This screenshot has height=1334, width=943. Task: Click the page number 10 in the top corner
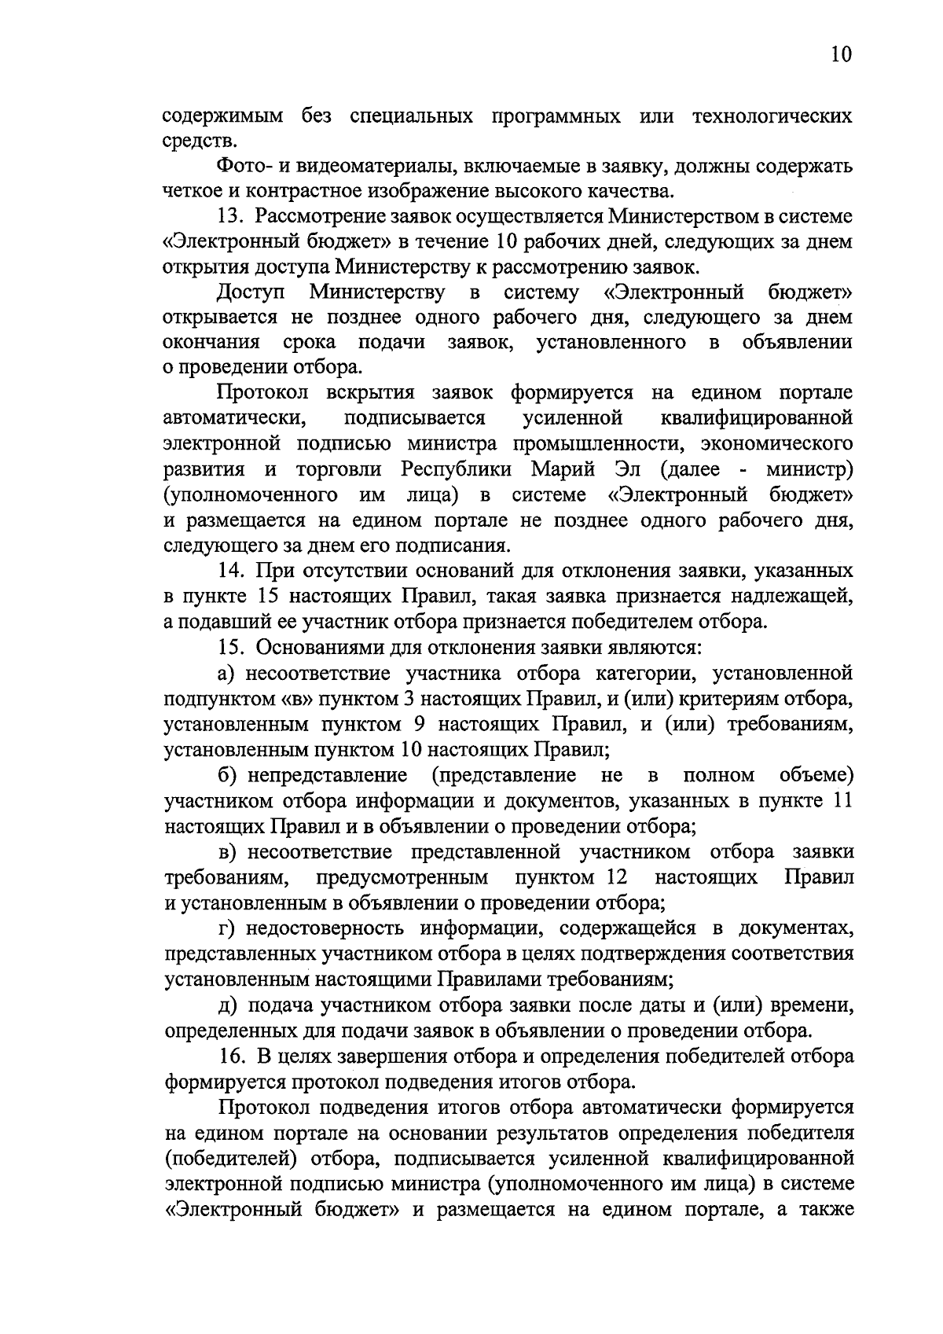[x=839, y=54]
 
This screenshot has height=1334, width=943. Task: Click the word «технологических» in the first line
[x=772, y=116]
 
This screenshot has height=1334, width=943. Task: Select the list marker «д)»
[x=228, y=1005]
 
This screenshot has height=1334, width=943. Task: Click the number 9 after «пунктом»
[x=419, y=724]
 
